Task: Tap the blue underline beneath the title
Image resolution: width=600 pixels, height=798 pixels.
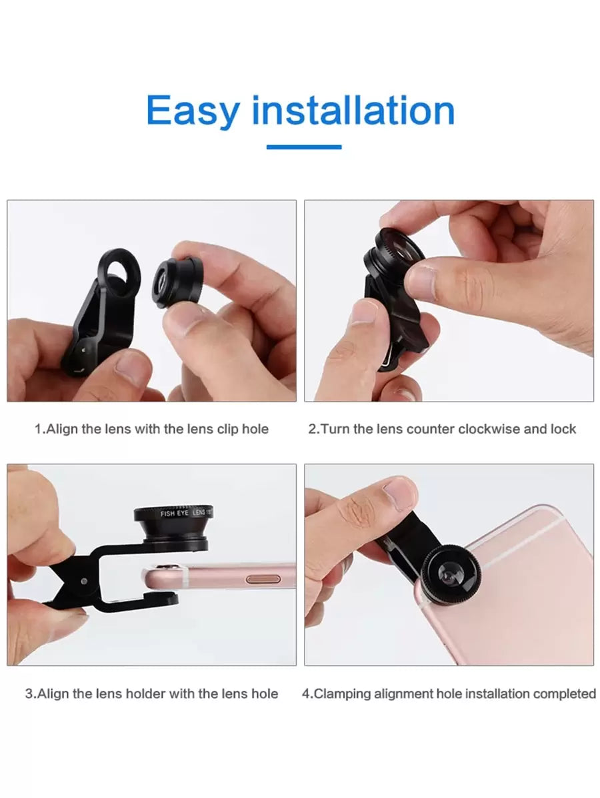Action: click(x=303, y=147)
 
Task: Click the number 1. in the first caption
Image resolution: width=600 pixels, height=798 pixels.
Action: click(x=40, y=429)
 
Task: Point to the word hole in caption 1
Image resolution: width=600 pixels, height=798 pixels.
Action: click(x=255, y=429)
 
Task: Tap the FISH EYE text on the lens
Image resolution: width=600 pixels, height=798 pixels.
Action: click(x=174, y=514)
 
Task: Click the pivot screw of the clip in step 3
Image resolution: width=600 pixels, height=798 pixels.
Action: click(x=83, y=581)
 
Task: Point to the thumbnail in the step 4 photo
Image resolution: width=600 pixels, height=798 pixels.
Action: click(x=401, y=490)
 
